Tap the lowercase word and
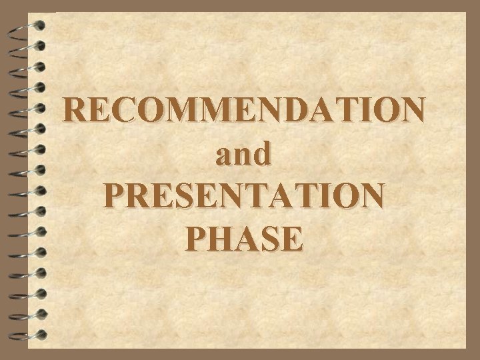243,155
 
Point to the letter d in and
262,155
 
